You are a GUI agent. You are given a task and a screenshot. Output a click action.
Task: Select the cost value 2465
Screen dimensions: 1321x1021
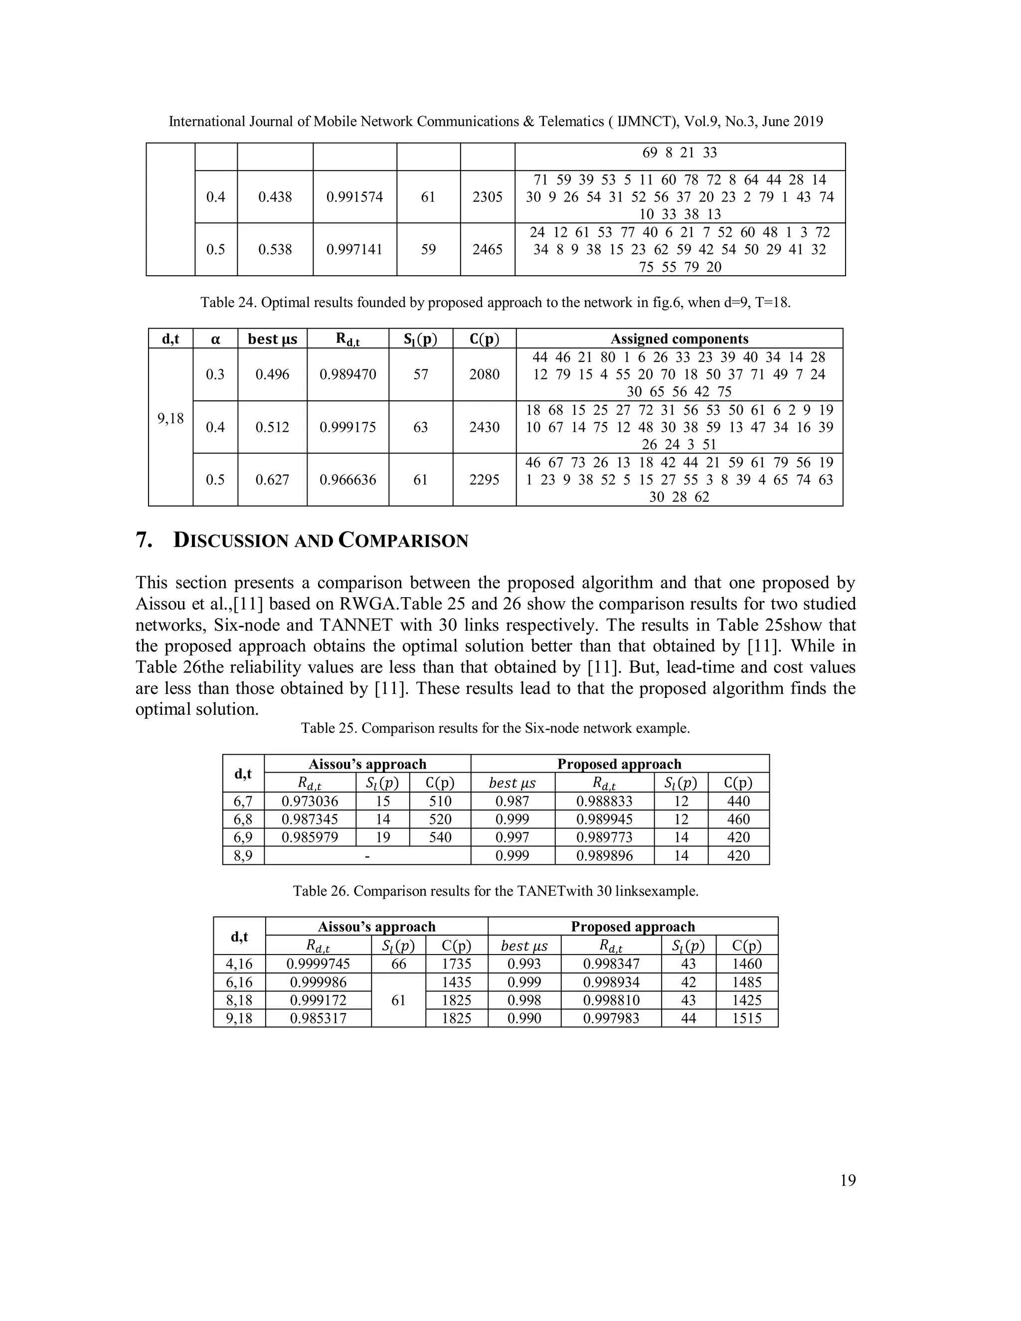pos(487,249)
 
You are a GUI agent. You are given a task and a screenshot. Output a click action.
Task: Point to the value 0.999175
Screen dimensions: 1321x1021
pos(348,427)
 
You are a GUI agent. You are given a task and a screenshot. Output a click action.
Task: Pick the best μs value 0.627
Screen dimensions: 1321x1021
pos(272,480)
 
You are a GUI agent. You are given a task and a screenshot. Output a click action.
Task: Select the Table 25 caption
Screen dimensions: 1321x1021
pos(496,728)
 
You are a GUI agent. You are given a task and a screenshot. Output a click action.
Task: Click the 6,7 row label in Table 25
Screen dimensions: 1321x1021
pos(243,802)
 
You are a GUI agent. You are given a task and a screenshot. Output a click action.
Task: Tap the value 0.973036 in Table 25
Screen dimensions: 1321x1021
pos(310,802)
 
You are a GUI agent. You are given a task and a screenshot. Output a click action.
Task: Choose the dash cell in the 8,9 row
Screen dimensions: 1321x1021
pos(367,856)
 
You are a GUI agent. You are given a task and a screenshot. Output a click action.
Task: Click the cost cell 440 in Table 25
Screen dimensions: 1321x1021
pos(738,802)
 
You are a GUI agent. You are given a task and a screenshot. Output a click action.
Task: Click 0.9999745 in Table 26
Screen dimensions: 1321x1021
pos(319,964)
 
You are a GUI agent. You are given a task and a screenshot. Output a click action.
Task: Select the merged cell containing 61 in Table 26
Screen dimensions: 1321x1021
pos(398,1000)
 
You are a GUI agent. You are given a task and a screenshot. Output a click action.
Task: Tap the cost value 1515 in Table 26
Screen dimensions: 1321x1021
pos(746,1018)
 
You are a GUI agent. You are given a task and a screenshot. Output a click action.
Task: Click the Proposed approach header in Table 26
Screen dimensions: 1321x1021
pos(633,927)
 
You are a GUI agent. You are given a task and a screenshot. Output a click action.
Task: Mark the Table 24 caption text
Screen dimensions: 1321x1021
pos(496,303)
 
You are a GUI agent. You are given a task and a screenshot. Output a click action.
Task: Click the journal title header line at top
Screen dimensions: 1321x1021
pos(496,122)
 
